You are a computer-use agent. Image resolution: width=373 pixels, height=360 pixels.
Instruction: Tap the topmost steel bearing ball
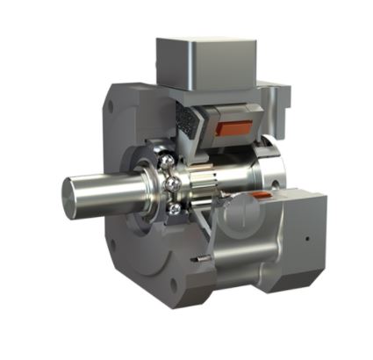pos(165,162)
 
